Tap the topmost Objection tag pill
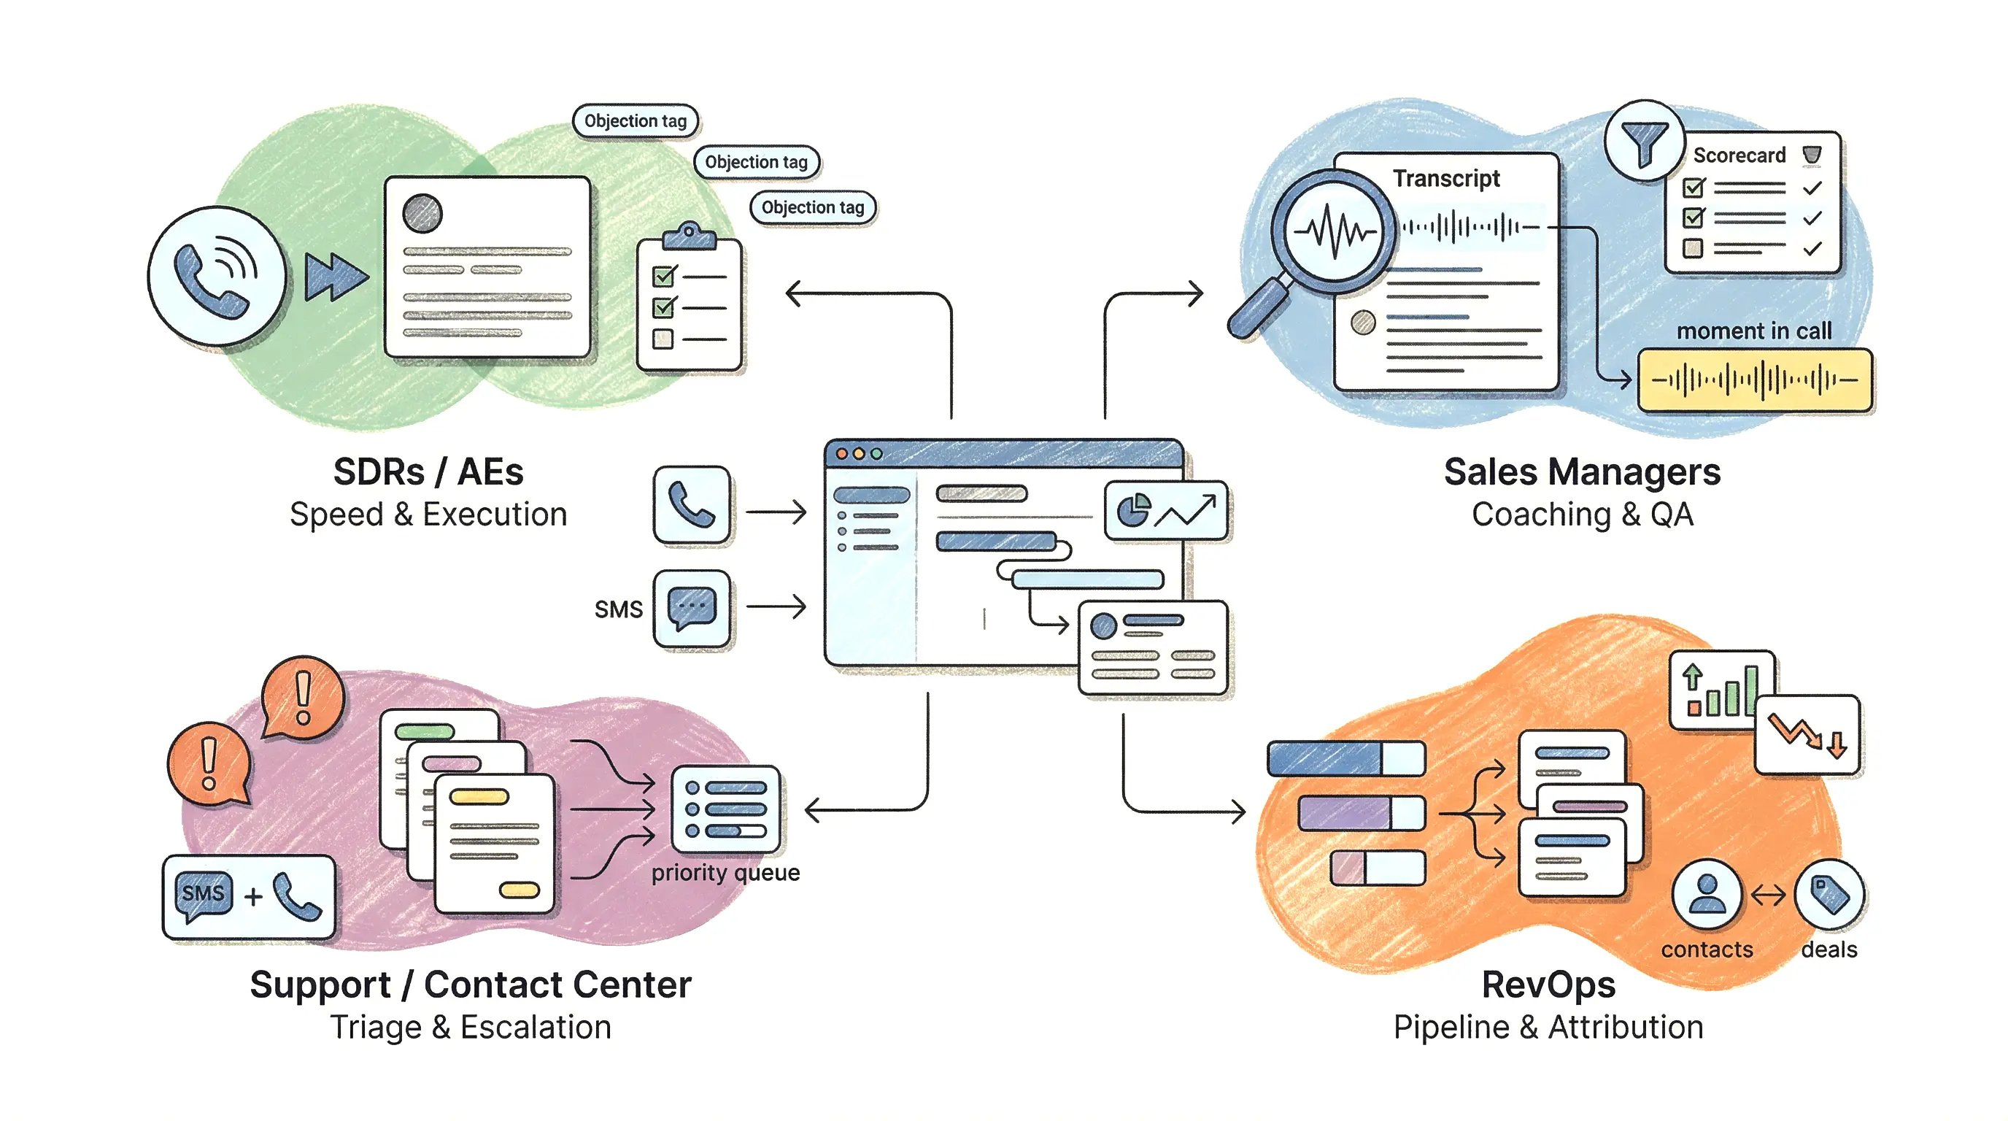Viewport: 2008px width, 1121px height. click(x=636, y=121)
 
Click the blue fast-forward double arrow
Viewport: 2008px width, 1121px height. click(x=335, y=276)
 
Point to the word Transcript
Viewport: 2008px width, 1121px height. click(x=1446, y=179)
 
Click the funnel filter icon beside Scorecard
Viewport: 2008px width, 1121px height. click(x=1644, y=141)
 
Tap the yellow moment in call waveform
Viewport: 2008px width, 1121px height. click(x=1755, y=380)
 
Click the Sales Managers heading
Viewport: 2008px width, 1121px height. click(x=1582, y=471)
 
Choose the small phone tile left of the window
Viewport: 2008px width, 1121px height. click(x=692, y=505)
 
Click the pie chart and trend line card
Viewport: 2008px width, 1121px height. click(x=1165, y=511)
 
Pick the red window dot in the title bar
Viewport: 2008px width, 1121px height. click(x=842, y=454)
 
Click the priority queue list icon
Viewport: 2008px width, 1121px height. click(x=726, y=809)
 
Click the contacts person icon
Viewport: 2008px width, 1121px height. click(x=1707, y=894)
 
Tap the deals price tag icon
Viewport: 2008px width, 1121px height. click(x=1829, y=894)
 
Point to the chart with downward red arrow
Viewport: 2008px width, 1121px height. click(x=1807, y=734)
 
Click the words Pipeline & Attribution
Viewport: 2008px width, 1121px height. click(x=1548, y=1028)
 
